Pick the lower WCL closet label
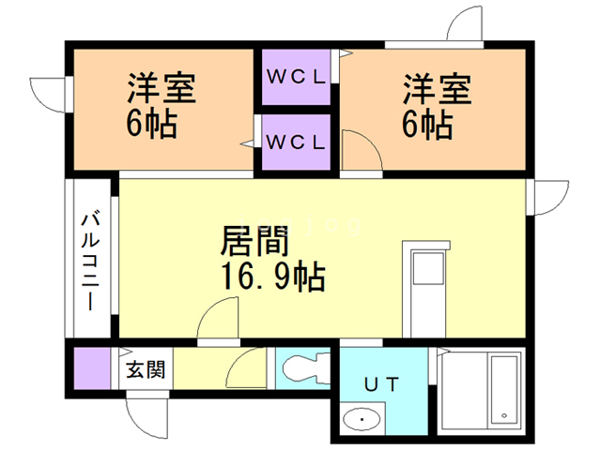(296, 142)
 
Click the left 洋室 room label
(162, 91)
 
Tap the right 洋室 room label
(437, 91)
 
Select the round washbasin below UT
(357, 419)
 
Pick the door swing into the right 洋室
(358, 150)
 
